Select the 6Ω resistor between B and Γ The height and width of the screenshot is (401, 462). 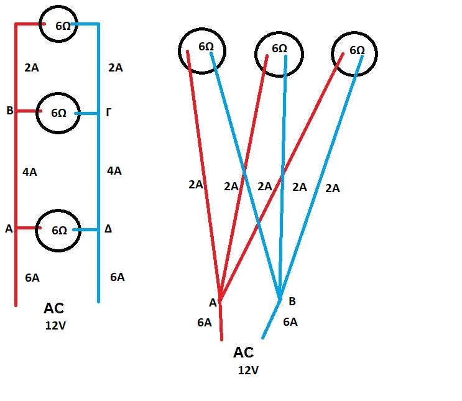[58, 113]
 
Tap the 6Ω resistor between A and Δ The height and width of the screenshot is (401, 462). [58, 229]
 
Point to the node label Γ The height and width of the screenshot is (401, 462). [109, 113]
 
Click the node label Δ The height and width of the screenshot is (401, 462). [108, 229]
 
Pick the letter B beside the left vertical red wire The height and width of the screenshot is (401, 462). [9, 111]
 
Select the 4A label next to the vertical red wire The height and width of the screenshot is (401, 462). [29, 172]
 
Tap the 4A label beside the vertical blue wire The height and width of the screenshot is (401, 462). [114, 171]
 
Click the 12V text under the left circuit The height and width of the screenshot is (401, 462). [56, 325]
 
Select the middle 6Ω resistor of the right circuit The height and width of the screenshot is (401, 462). [279, 52]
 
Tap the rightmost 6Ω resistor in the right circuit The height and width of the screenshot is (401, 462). [354, 52]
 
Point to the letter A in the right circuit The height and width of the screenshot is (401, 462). [213, 303]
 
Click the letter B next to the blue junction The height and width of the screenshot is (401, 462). [292, 302]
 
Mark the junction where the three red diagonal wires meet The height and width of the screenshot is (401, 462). [219, 298]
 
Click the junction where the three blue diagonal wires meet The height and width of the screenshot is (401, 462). [279, 297]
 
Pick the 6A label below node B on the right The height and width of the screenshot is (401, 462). [290, 322]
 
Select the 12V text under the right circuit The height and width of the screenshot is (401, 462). [248, 371]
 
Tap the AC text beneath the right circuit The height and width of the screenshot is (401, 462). [244, 353]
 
